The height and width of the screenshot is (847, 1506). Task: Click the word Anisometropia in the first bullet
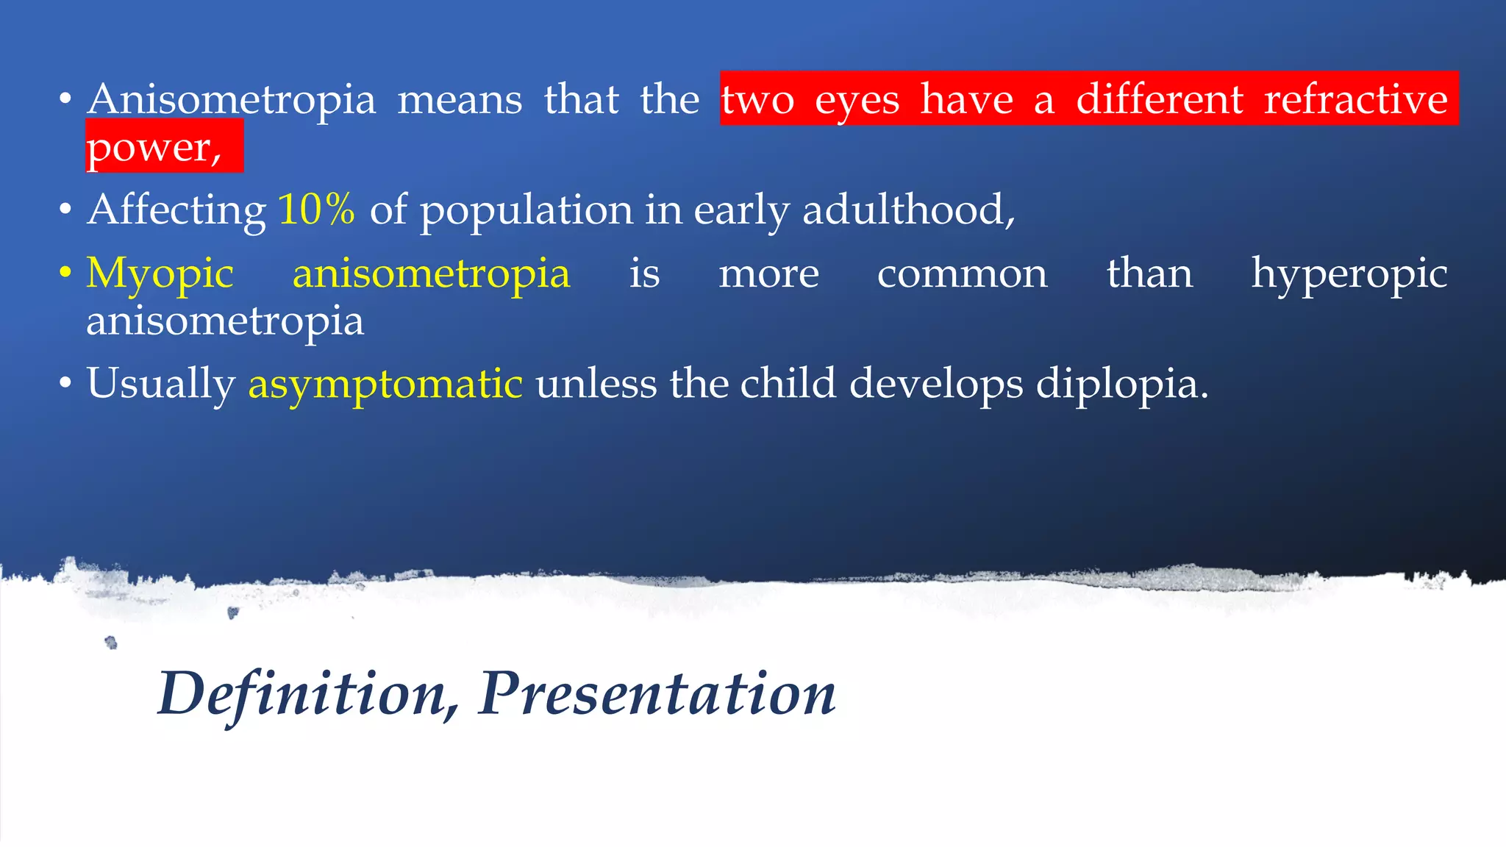click(231, 100)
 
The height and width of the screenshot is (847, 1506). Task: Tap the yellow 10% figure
click(316, 210)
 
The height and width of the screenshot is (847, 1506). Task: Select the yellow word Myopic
click(160, 274)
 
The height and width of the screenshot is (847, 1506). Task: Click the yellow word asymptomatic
click(385, 385)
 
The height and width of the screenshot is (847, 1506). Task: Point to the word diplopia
click(1121, 385)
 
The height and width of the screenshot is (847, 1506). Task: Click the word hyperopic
click(1349, 274)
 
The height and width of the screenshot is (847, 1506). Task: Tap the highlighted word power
click(153, 148)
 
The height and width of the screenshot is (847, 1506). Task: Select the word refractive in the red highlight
click(1355, 100)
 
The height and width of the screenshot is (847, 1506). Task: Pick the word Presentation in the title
click(657, 694)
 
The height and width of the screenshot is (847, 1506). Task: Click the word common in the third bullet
click(962, 274)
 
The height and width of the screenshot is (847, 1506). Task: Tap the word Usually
click(160, 385)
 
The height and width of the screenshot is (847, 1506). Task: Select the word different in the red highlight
click(1160, 100)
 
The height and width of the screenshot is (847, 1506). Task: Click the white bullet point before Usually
click(65, 384)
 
